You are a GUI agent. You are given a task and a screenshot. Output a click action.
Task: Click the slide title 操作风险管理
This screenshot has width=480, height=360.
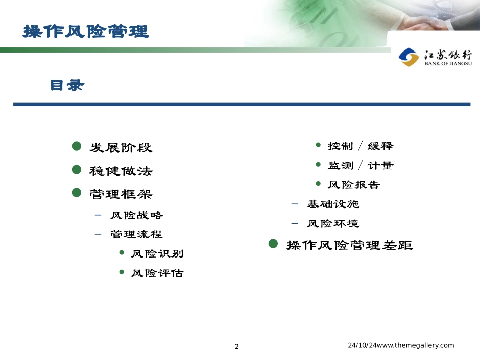(86, 31)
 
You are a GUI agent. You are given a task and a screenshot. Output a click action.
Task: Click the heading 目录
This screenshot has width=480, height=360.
(67, 85)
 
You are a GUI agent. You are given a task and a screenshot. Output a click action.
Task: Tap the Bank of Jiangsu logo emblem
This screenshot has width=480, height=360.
(409, 57)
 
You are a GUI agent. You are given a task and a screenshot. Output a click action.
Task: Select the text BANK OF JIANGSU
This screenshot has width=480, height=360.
(448, 63)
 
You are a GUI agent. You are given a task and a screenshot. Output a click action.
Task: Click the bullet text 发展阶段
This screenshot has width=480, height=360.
(121, 148)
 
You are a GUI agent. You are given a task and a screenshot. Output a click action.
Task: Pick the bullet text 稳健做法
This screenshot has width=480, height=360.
(121, 171)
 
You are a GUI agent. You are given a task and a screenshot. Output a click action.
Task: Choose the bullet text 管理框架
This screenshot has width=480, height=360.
(121, 194)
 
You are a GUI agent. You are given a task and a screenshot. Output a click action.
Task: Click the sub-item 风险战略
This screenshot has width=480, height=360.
(136, 215)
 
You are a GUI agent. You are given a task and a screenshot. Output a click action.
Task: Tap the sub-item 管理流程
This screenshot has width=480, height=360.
(136, 234)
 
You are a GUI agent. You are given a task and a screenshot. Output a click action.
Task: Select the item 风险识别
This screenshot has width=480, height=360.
(158, 253)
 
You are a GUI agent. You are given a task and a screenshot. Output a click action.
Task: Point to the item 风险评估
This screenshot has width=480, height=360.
(158, 273)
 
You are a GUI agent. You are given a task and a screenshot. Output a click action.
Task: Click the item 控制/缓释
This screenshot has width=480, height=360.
(361, 146)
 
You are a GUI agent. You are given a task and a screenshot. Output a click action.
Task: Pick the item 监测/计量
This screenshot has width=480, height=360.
(361, 166)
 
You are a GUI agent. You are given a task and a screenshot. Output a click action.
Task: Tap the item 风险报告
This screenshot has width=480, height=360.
(354, 185)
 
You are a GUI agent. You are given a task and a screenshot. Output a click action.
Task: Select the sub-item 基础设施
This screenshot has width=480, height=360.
(333, 204)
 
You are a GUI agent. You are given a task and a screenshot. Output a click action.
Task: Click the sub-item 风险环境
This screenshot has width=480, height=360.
(333, 224)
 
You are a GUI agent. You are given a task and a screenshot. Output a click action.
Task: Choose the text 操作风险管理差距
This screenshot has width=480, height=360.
(350, 245)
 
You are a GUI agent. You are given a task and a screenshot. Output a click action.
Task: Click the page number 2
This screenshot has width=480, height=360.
(236, 346)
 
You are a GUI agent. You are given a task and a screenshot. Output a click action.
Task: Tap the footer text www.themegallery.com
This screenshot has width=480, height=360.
(415, 345)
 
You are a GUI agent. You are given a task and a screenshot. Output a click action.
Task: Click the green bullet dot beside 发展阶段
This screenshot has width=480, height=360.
(76, 146)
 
